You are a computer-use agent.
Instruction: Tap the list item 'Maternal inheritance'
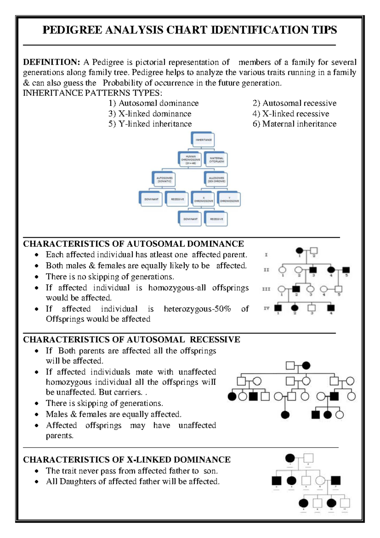pyautogui.click(x=294, y=124)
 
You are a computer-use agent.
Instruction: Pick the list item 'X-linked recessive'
pyautogui.click(x=291, y=114)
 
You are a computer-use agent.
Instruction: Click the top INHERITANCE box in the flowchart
pyautogui.click(x=203, y=140)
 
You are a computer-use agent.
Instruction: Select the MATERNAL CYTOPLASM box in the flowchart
pyautogui.click(x=217, y=160)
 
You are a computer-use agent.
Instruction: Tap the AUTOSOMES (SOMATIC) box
pyautogui.click(x=164, y=180)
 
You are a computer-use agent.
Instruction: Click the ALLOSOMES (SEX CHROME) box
pyautogui.click(x=217, y=180)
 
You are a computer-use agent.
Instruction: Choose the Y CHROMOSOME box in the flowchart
pyautogui.click(x=230, y=200)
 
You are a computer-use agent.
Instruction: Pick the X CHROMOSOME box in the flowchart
pyautogui.click(x=203, y=200)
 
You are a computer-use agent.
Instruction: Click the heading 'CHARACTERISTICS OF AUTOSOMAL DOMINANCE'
pyautogui.click(x=133, y=244)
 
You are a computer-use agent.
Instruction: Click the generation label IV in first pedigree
pyautogui.click(x=266, y=308)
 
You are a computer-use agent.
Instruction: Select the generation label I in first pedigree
pyautogui.click(x=266, y=255)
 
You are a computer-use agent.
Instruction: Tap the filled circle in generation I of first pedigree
pyautogui.click(x=299, y=251)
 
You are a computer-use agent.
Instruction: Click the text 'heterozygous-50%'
pyautogui.click(x=197, y=309)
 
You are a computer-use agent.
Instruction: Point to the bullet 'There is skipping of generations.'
pyautogui.click(x=104, y=403)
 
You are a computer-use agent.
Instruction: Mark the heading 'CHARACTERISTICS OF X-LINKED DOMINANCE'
pyautogui.click(x=127, y=460)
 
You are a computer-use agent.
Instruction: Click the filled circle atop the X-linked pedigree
pyautogui.click(x=290, y=458)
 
